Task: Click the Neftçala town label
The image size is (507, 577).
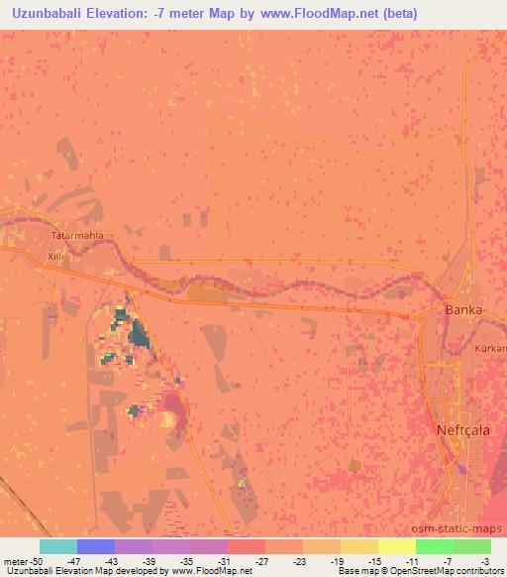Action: coord(464,431)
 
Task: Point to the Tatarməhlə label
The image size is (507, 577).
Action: coord(77,237)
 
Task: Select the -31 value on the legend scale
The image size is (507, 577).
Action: coord(227,560)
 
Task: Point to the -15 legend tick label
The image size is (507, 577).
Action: coord(376,560)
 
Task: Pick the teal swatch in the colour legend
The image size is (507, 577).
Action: coord(58,546)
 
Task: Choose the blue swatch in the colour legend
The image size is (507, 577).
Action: coord(96,546)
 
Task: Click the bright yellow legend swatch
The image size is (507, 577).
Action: coord(397,546)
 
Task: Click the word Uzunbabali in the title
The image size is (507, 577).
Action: coord(51,14)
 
